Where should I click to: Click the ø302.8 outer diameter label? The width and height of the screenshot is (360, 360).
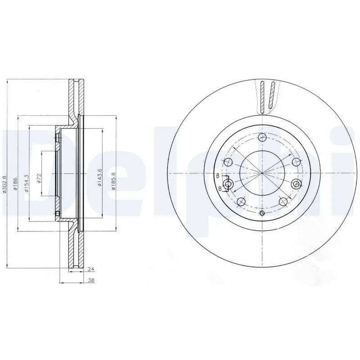[4, 184]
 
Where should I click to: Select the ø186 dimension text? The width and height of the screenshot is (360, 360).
[15, 184]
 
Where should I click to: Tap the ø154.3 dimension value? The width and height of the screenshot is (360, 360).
[27, 183]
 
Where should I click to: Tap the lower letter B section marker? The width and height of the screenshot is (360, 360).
[220, 188]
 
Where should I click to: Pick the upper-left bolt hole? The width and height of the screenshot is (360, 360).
[229, 162]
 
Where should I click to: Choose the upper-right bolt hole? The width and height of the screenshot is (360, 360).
[296, 162]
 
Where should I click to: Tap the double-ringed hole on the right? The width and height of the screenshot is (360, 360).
[296, 184]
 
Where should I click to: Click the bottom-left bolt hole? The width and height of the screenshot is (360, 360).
[241, 201]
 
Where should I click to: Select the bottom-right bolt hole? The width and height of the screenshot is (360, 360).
[283, 201]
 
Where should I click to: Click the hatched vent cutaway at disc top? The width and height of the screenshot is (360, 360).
[267, 95]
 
